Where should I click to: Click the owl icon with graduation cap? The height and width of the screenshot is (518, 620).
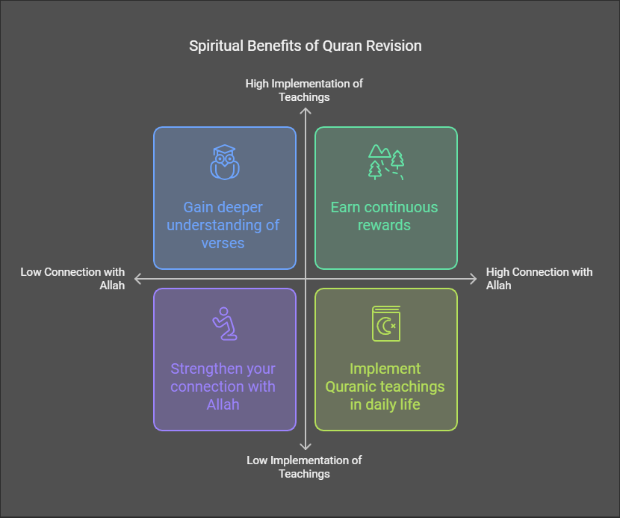(225, 162)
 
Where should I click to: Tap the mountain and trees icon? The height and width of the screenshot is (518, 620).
(386, 162)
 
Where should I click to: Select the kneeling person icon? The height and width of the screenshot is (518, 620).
(225, 324)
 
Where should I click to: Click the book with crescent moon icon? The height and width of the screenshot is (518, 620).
(386, 324)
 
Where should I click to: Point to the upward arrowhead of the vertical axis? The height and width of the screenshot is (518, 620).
(306, 111)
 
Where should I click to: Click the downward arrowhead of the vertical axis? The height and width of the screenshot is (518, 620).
(306, 447)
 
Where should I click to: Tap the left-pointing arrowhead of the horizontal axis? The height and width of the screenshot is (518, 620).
(138, 279)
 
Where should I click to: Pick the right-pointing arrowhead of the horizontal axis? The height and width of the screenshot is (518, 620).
(473, 279)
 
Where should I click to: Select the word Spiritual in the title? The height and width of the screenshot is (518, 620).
(216, 46)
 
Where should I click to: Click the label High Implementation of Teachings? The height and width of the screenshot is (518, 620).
(304, 90)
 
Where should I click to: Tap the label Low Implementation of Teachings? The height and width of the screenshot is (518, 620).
(304, 467)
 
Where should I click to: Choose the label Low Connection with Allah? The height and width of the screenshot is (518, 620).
(72, 279)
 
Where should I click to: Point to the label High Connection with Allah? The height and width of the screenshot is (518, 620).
(539, 279)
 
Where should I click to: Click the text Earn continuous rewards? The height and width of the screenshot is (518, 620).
(385, 216)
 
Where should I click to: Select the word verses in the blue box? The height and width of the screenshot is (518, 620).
(223, 243)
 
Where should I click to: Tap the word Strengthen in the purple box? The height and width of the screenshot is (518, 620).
(202, 369)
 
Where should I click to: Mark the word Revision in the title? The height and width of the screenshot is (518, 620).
(394, 46)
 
